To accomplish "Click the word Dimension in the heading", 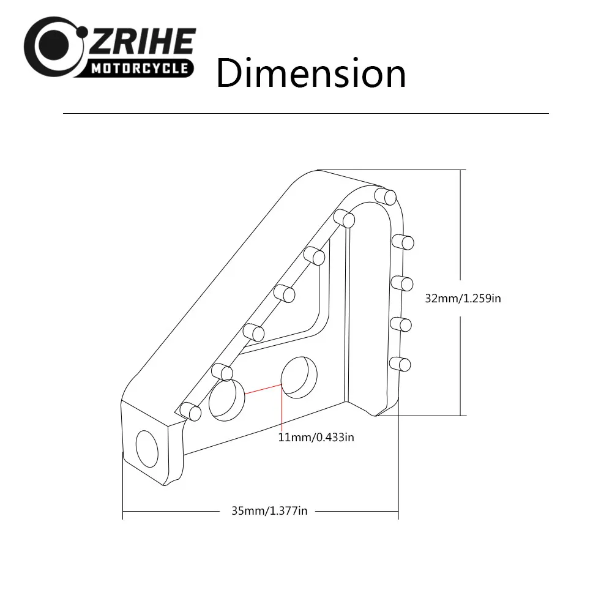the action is point(311,73).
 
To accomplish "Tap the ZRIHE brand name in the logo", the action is point(142,42).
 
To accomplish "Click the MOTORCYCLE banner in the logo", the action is point(140,69).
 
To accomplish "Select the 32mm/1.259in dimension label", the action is point(463,299).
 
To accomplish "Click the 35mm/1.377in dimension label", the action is point(269,511).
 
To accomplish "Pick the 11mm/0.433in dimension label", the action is point(316,437).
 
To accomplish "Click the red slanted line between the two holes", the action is point(263,389).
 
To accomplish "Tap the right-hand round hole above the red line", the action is point(299,378).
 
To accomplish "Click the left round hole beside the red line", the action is point(227,400).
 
